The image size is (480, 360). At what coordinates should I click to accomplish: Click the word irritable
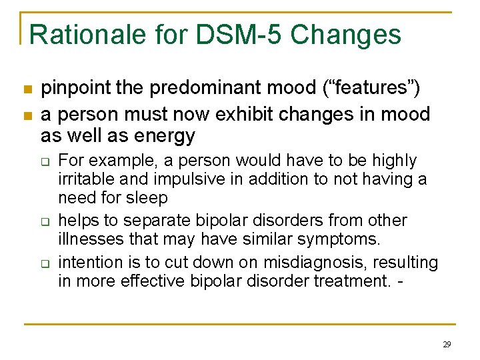[85, 179]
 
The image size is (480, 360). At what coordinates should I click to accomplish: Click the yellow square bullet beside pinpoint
[27, 89]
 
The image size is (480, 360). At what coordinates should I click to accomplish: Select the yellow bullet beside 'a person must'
[27, 115]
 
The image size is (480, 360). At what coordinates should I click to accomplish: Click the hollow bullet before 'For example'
[45, 161]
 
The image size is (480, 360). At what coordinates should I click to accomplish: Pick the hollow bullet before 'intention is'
[45, 263]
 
